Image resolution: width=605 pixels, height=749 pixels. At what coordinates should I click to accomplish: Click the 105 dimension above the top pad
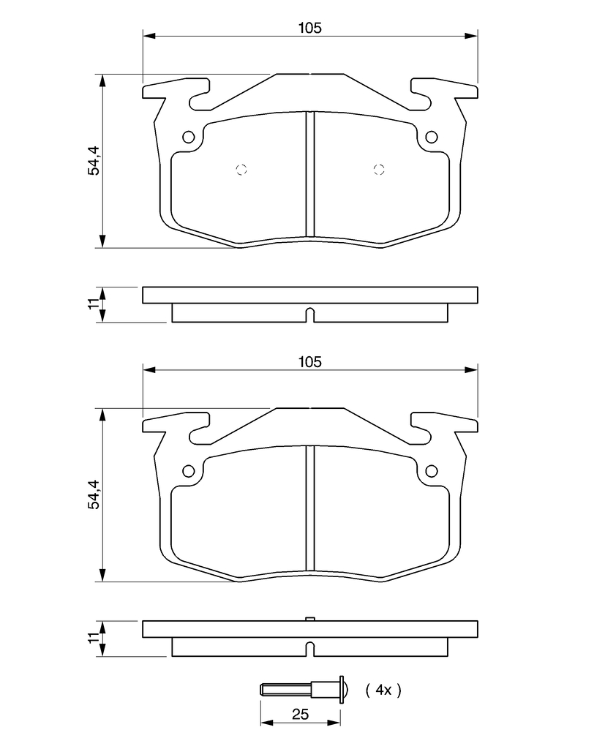(309, 29)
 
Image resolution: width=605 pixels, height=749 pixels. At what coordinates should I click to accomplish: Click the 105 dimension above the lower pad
(309, 362)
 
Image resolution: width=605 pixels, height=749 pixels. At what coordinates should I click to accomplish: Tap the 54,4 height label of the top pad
(94, 160)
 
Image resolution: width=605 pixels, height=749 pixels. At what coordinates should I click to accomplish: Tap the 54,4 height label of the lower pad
(94, 494)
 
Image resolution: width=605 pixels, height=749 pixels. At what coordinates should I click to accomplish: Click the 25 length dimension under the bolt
(300, 714)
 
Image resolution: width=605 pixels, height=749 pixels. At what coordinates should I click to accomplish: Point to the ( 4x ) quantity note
(383, 690)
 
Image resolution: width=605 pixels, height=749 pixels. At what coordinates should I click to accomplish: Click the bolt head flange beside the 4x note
(342, 690)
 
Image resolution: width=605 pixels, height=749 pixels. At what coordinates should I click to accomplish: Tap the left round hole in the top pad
(189, 137)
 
